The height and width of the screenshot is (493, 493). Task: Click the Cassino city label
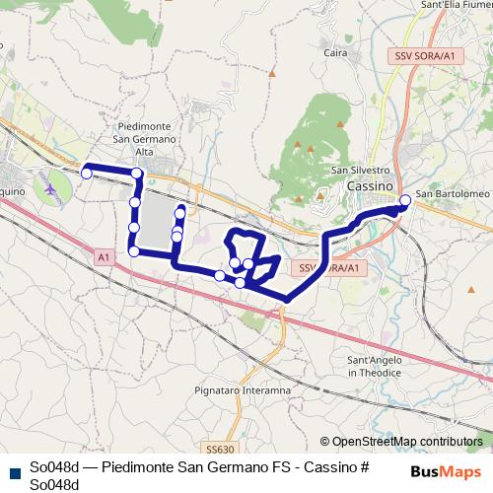(x=370, y=185)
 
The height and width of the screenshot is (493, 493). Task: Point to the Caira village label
(x=336, y=52)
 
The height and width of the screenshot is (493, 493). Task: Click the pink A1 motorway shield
(x=104, y=256)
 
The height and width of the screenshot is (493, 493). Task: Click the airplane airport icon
(x=50, y=183)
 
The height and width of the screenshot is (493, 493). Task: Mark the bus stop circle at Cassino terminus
(x=405, y=201)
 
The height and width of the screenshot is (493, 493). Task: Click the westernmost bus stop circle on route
(x=86, y=174)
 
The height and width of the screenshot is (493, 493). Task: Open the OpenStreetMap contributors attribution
(x=406, y=442)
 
